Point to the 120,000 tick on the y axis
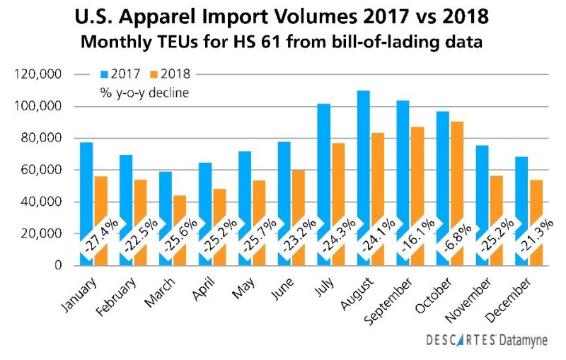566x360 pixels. pyautogui.click(x=44, y=74)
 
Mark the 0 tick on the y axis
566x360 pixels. pyautogui.click(x=61, y=265)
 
